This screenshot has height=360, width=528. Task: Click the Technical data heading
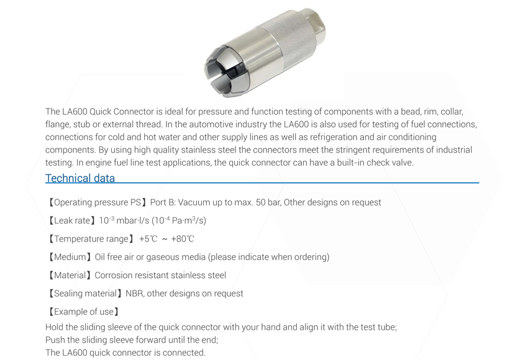[80, 178]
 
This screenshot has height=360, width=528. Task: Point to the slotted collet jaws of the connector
[218, 73]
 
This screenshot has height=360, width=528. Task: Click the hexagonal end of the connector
[316, 21]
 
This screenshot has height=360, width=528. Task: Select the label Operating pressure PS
[98, 202]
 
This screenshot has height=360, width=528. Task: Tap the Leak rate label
[72, 221]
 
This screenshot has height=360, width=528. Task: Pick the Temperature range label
[91, 239]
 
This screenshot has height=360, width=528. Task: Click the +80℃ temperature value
[183, 239]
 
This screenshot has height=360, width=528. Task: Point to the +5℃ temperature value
[148, 239]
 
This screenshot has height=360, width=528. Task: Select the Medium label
[70, 257]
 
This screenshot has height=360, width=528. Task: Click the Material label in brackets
[70, 275]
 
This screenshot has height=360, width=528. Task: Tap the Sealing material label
[85, 294]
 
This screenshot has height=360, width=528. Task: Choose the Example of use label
[84, 312]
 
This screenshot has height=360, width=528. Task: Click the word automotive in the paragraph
[209, 125]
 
